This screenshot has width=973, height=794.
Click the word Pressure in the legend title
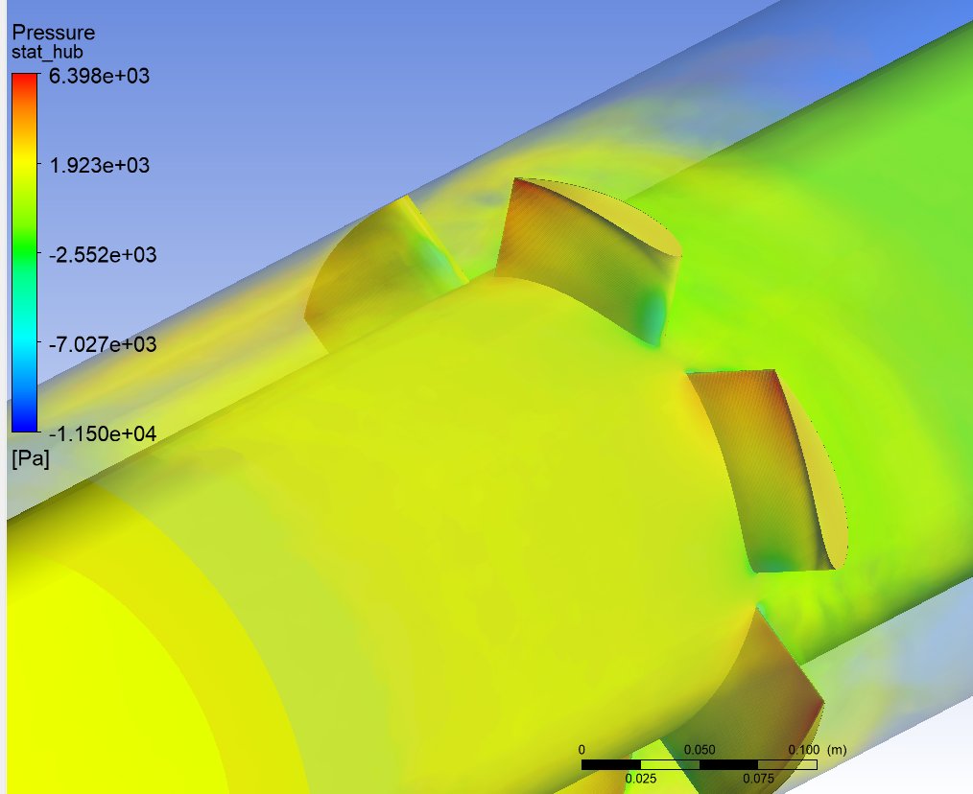[53, 33]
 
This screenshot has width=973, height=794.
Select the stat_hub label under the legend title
[47, 52]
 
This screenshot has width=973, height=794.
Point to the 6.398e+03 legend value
[99, 77]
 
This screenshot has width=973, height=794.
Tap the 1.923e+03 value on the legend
[99, 166]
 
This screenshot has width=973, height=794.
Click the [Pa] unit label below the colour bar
[30, 458]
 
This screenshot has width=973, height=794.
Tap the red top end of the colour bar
[24, 82]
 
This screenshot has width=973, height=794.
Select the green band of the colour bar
[24, 255]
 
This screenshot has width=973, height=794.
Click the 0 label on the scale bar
[581, 749]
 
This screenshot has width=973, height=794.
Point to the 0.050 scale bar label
[699, 749]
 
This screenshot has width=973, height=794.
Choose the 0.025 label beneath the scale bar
[641, 779]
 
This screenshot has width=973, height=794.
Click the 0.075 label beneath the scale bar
[758, 779]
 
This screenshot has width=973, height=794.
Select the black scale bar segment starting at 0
[611, 764]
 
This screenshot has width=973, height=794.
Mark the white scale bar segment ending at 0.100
[788, 764]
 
